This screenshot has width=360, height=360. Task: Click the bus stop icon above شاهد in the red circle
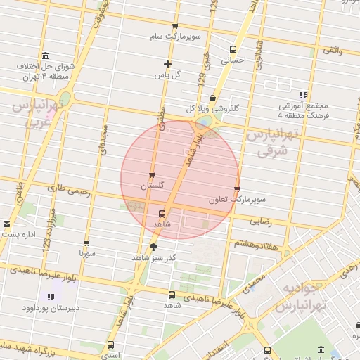pos(162,213)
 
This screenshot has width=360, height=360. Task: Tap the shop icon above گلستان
pos(152,175)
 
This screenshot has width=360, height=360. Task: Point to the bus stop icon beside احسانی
pos(233,49)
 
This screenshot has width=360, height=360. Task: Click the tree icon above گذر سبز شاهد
pos(154,246)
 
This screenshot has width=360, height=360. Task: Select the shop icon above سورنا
pos(86,243)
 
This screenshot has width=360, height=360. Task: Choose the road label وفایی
pos(331,50)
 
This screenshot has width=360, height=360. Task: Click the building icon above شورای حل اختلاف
pos(46,56)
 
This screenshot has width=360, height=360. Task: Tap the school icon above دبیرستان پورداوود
pos(51,297)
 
